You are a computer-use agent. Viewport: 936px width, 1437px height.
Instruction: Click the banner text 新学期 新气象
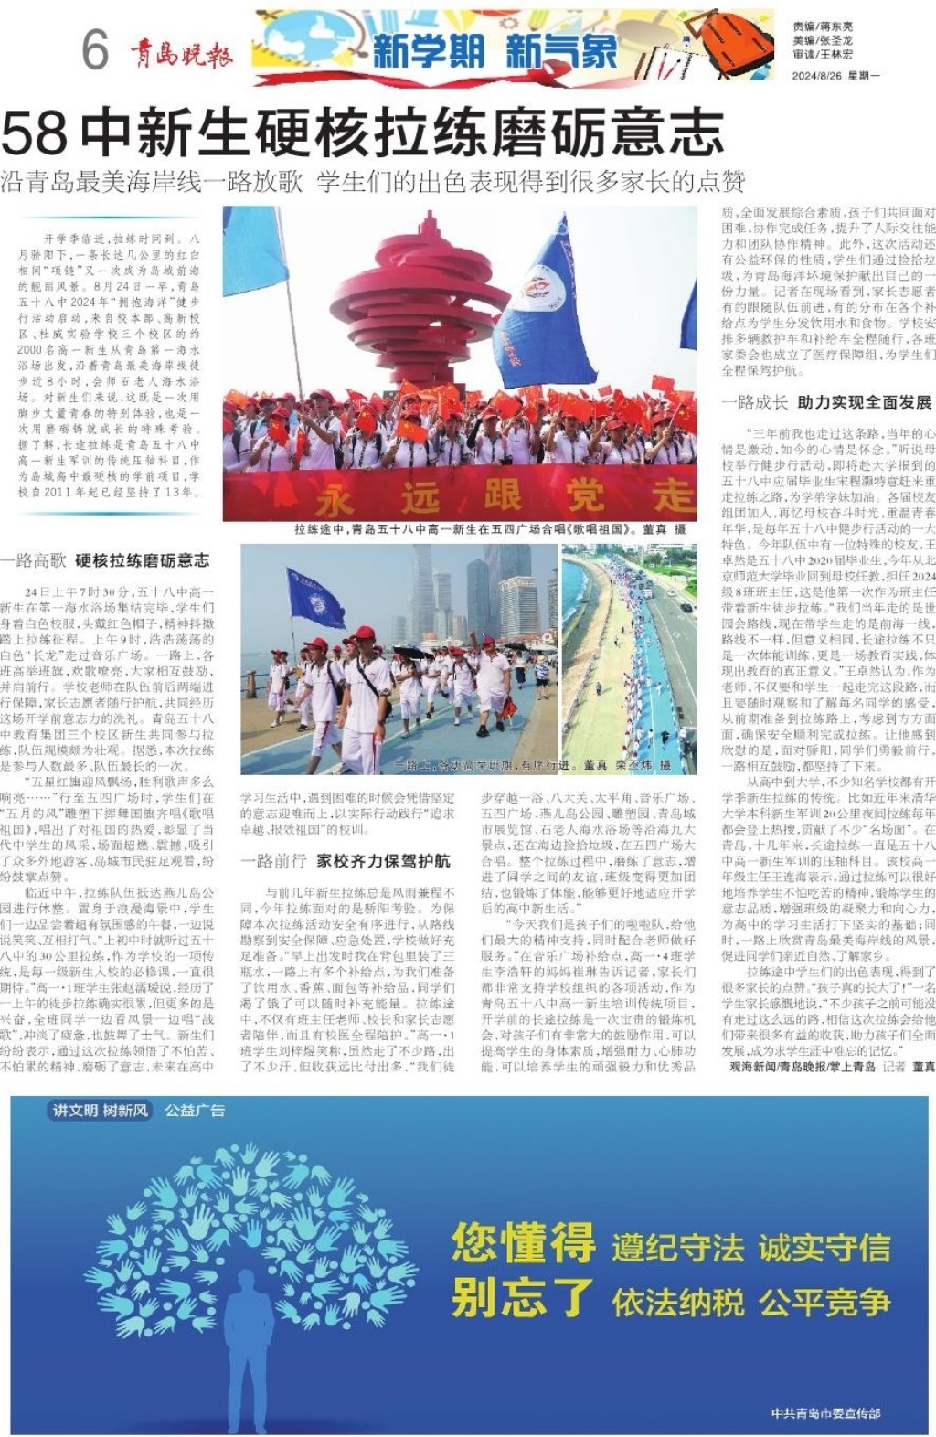pyautogui.click(x=495, y=51)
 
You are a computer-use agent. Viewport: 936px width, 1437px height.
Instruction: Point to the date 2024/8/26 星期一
pyautogui.click(x=835, y=76)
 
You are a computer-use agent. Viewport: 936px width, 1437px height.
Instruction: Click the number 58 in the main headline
pyautogui.click(x=35, y=133)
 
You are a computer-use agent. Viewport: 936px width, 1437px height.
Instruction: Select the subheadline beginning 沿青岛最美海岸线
pyautogui.click(x=372, y=181)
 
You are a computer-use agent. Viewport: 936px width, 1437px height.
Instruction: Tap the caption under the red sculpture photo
pyautogui.click(x=489, y=529)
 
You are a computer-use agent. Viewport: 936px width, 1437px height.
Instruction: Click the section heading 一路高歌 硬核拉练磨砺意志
pyautogui.click(x=105, y=560)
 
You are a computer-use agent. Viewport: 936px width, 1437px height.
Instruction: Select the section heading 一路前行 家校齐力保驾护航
pyautogui.click(x=346, y=860)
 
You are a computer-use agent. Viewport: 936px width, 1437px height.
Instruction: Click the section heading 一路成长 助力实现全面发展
pyautogui.click(x=826, y=402)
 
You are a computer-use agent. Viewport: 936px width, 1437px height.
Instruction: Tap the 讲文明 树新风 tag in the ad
pyautogui.click(x=101, y=1111)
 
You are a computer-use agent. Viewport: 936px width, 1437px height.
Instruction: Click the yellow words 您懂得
pyautogui.click(x=523, y=1242)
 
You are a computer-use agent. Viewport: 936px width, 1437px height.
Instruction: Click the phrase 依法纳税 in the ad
pyautogui.click(x=677, y=1302)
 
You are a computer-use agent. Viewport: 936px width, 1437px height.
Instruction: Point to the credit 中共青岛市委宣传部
pyautogui.click(x=825, y=1413)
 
